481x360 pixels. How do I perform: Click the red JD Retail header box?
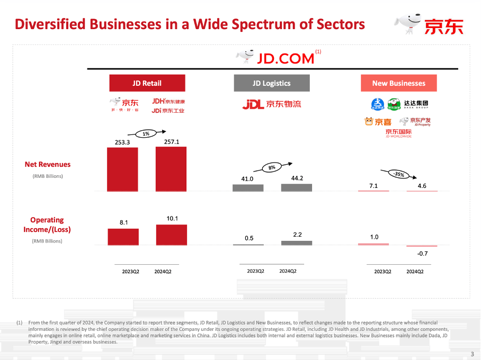tap(147, 83)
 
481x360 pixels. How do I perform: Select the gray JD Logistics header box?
tap(271, 83)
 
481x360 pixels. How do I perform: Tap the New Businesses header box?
tap(398, 83)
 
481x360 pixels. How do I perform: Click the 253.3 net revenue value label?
tap(122, 142)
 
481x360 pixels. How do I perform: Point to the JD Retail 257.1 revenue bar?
tap(171, 169)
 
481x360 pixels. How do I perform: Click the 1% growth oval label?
tap(146, 134)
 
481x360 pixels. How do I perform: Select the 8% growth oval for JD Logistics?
tap(272, 167)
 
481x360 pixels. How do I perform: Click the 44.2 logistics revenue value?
tap(297, 178)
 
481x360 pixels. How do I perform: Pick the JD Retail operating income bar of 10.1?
tap(171, 235)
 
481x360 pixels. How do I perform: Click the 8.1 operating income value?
tap(123, 223)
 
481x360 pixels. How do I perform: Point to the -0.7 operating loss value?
tap(422, 254)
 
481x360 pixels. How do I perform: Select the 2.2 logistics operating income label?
tap(297, 234)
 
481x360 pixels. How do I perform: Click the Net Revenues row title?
tap(48, 165)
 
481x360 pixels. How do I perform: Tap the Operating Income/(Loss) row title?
tap(47, 224)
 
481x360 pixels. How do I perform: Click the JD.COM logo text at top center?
tap(285, 58)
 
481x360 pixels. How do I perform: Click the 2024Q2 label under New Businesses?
tap(415, 271)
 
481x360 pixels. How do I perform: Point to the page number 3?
tap(473, 354)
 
